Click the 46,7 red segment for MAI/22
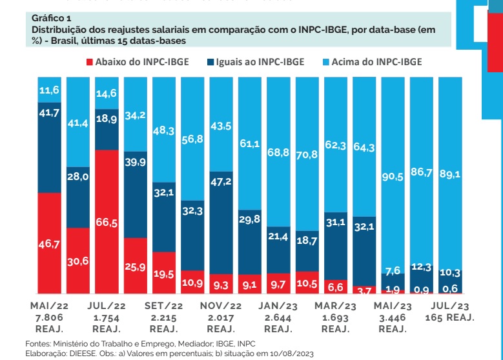tap(50, 243)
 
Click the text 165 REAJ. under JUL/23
tap(449, 318)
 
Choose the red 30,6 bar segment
tap(78, 261)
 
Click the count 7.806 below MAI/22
tap(49, 318)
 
